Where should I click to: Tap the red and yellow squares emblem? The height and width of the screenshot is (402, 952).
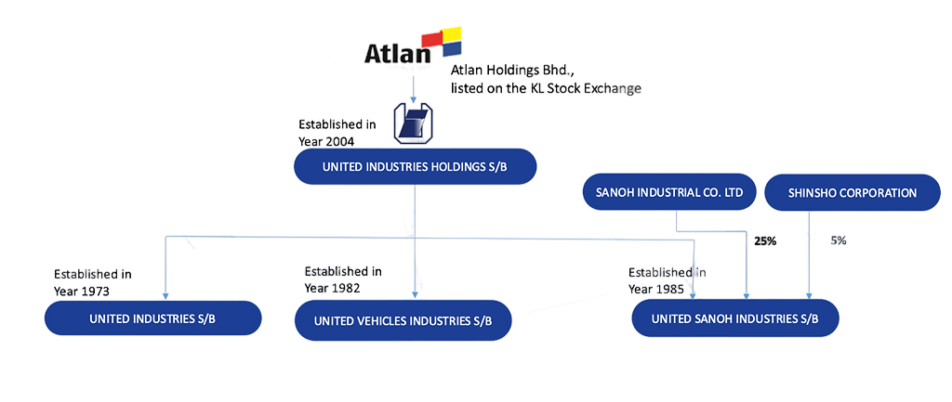(x=441, y=39)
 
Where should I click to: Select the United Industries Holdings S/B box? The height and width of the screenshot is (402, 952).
(x=415, y=167)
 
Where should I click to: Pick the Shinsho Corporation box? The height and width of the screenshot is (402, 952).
(x=853, y=193)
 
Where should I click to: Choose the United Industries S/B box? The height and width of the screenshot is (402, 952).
(x=153, y=318)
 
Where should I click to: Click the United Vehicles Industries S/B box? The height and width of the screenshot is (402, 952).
(x=403, y=321)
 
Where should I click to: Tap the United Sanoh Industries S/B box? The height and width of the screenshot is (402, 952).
(x=735, y=318)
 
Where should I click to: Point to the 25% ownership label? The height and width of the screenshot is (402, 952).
(x=764, y=241)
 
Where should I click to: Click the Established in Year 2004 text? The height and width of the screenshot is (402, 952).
(x=337, y=132)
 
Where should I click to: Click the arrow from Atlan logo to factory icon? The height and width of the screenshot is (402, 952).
(x=412, y=84)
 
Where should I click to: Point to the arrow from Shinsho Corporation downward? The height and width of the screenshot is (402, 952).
(x=810, y=255)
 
